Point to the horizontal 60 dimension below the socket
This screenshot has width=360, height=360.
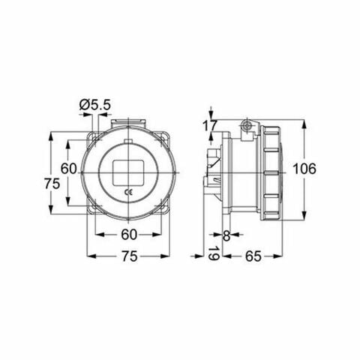click(128, 233)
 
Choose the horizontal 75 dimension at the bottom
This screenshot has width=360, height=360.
click(128, 256)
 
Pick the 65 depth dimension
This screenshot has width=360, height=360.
click(253, 256)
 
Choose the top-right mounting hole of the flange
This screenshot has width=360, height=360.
click(164, 139)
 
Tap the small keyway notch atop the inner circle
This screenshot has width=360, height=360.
click(128, 140)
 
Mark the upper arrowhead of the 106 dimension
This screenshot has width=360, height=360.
click(304, 122)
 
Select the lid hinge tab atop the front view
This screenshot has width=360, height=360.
click(128, 122)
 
